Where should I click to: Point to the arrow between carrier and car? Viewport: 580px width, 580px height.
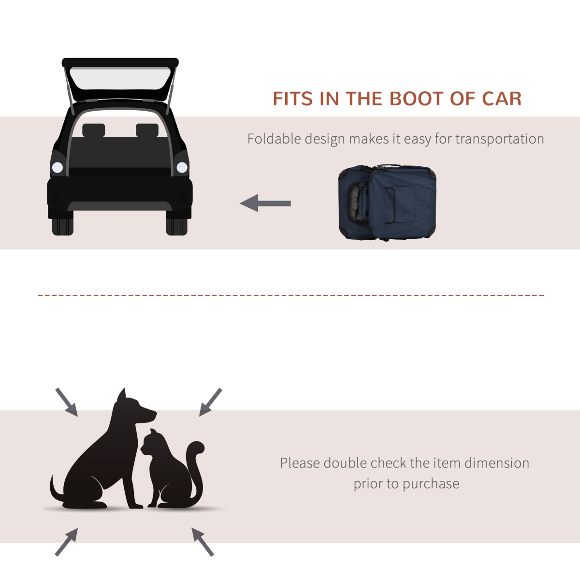[x=265, y=203]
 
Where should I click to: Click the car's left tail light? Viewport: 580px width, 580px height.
[x=58, y=168]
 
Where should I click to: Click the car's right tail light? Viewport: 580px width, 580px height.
[x=182, y=168]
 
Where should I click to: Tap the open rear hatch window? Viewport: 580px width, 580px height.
[x=120, y=78]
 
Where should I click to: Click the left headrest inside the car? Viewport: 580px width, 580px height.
[x=93, y=130]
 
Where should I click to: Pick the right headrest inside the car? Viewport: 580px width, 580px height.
[x=147, y=130]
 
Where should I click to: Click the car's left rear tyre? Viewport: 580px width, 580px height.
[x=62, y=226]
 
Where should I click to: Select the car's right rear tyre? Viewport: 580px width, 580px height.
[x=176, y=226]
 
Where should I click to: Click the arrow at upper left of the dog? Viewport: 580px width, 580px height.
[x=66, y=402]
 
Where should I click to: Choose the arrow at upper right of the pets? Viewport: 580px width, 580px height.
[x=210, y=402]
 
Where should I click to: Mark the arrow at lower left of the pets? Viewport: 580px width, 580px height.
[x=66, y=542]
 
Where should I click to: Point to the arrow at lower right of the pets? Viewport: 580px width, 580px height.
[x=203, y=541]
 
